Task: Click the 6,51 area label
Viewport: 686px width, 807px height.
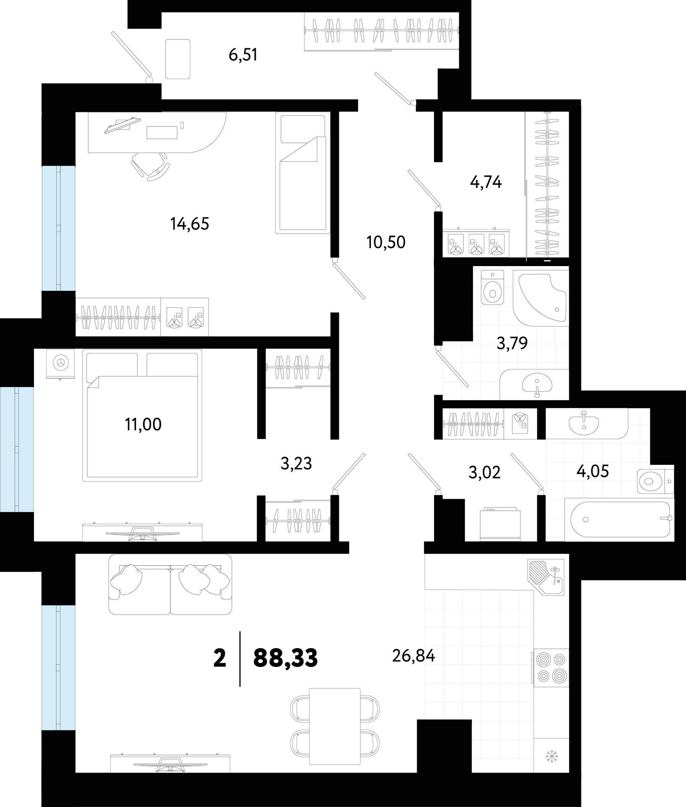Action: tap(243, 55)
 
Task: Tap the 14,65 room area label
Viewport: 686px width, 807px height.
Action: tap(190, 224)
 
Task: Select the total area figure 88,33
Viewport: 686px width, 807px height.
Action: tap(286, 658)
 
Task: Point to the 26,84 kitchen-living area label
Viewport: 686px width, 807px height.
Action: tap(413, 655)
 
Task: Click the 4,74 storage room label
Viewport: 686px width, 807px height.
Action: tap(486, 182)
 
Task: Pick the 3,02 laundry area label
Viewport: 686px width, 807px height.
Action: tap(485, 472)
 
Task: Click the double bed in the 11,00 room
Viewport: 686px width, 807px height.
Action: tap(142, 415)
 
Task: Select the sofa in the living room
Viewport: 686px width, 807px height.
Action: tap(170, 584)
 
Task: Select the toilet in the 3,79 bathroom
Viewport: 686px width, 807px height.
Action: tap(492, 287)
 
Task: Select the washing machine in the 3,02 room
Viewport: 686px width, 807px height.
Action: tap(499, 525)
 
